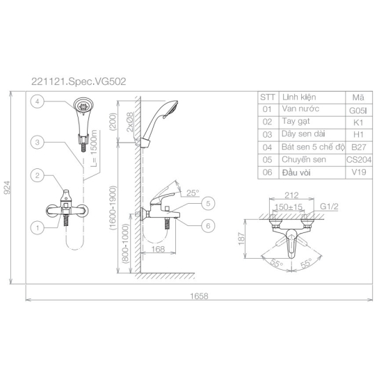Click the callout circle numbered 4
(38, 102)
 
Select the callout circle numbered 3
(38, 142)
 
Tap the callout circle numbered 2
(38, 175)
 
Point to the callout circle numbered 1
(38, 227)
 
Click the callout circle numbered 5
(208, 203)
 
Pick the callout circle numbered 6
(208, 226)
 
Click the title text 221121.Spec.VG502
(79, 81)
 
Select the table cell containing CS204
(359, 160)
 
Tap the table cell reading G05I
(359, 110)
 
